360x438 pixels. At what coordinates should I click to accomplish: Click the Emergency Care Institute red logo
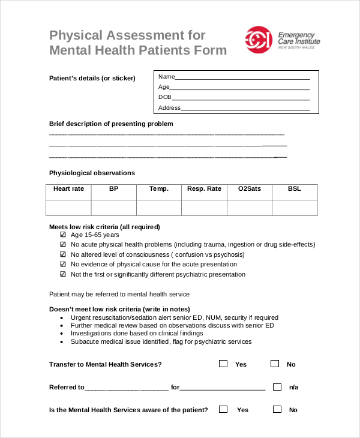click(x=258, y=40)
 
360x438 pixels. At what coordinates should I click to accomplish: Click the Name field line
click(x=242, y=78)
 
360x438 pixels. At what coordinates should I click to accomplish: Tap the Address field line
click(x=245, y=109)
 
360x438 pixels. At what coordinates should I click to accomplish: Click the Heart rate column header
click(x=68, y=189)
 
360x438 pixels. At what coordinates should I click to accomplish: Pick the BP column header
click(x=114, y=189)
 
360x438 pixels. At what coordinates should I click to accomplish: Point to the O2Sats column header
click(x=250, y=189)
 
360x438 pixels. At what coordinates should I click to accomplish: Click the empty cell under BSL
click(x=295, y=208)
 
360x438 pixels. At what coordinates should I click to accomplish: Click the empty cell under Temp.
click(x=159, y=208)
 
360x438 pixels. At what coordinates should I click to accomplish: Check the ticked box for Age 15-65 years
click(x=63, y=235)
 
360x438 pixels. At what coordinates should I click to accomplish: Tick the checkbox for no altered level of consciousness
click(x=63, y=254)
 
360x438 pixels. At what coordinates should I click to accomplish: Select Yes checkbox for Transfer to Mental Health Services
click(x=223, y=364)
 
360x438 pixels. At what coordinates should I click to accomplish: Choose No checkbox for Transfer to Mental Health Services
click(x=275, y=364)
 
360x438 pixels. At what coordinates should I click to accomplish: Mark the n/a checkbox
click(x=277, y=387)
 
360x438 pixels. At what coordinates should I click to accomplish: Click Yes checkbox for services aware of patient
click(x=223, y=410)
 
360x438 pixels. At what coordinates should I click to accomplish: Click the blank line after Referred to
click(x=127, y=389)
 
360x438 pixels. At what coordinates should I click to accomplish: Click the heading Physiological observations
click(x=92, y=173)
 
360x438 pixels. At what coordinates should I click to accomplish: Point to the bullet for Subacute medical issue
click(x=63, y=342)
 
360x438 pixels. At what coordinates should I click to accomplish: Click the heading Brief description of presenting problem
click(x=111, y=124)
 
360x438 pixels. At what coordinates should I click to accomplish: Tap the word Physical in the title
click(x=74, y=35)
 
